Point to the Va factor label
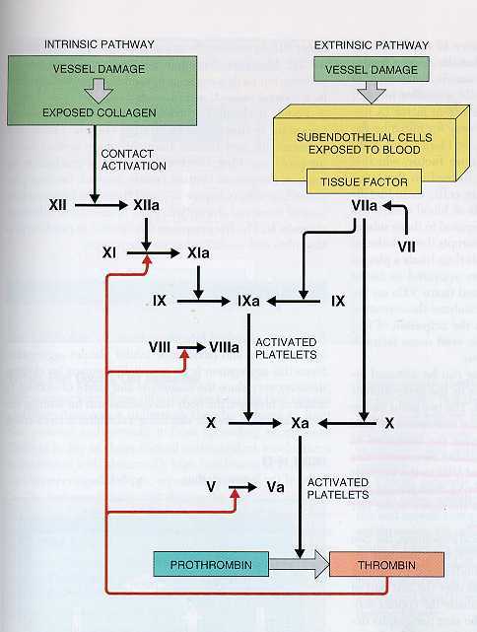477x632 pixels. coord(276,487)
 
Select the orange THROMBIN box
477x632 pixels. coord(387,565)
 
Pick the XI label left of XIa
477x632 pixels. coord(110,253)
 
